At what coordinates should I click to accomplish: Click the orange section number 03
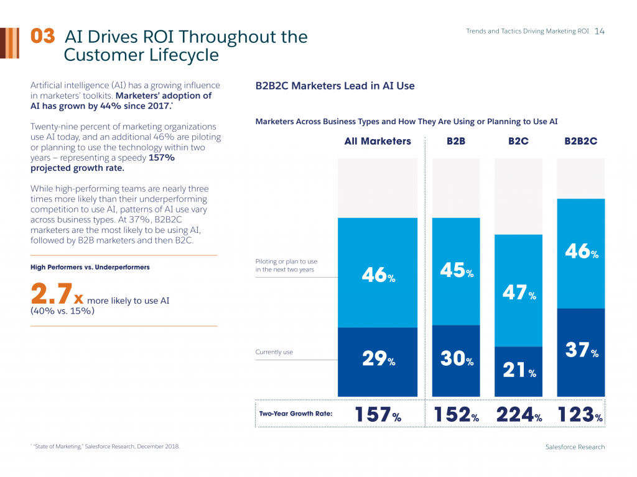43,36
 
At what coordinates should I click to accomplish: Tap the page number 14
600,31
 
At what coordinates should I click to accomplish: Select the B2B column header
456,141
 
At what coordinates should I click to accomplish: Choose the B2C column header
518,141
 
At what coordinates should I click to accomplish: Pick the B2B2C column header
580,141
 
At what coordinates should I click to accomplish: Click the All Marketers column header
378,141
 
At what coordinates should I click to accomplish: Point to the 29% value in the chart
378,359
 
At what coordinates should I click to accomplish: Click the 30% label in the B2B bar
457,359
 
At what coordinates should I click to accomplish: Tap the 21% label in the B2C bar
519,371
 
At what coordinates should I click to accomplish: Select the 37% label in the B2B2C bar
582,350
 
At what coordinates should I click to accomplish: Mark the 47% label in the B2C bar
519,293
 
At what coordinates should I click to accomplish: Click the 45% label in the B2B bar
457,271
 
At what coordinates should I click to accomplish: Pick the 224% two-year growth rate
519,416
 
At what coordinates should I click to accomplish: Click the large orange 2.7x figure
57,293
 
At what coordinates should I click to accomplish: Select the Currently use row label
274,352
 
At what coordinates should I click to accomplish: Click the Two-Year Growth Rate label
295,414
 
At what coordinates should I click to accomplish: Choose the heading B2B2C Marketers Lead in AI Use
335,86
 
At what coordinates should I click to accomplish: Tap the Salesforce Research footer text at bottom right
575,447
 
